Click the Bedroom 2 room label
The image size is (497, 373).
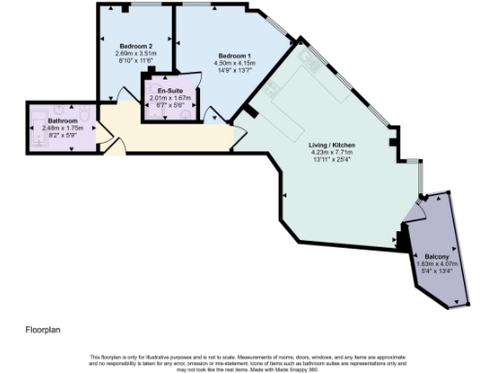coord(136,46)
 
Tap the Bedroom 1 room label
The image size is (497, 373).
coord(234,55)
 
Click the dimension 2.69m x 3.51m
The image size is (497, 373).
coord(136,53)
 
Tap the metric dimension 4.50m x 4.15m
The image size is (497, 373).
coord(234,63)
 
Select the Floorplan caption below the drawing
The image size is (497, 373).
coord(44,330)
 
